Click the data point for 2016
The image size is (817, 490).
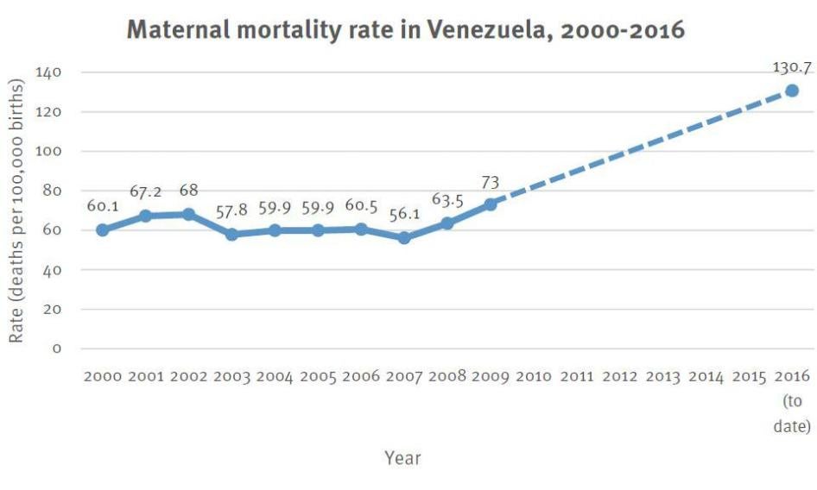point(791,91)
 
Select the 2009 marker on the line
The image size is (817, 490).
point(491,204)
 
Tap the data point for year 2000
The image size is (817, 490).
point(103,230)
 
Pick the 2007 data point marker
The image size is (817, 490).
point(404,238)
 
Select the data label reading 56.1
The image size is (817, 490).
point(404,213)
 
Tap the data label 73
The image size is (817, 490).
point(491,182)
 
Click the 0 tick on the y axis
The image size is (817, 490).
point(57,349)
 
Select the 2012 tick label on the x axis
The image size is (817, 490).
point(620,377)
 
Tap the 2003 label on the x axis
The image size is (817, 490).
point(231,377)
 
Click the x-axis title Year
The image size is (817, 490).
point(402,458)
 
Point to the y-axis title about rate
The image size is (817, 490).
point(16,210)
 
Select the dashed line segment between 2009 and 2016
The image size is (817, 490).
point(641,148)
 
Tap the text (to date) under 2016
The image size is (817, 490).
point(793,414)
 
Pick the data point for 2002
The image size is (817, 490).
point(188,215)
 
